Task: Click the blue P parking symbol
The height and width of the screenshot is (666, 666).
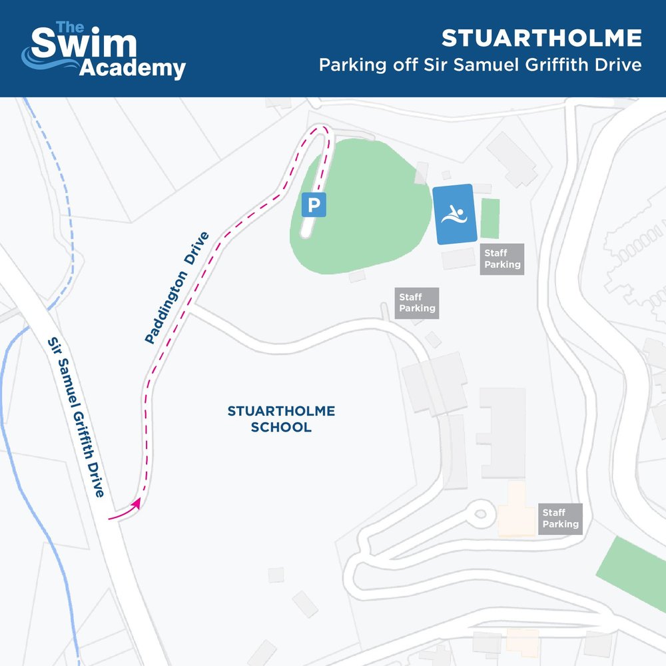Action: (x=314, y=205)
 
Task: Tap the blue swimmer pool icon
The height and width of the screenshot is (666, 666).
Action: (x=455, y=214)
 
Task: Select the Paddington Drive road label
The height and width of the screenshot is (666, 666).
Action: (x=177, y=288)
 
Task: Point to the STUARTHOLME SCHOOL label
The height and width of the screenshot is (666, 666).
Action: (x=281, y=419)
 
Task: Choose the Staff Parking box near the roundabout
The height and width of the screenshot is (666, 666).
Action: (x=560, y=518)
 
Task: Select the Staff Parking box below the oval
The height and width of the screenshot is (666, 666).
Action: (x=417, y=302)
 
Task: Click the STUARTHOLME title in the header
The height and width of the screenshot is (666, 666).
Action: (x=541, y=39)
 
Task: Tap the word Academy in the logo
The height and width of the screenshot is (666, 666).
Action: (x=133, y=69)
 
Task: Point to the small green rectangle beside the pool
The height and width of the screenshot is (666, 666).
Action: (x=490, y=218)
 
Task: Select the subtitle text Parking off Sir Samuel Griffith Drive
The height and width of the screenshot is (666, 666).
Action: (x=480, y=66)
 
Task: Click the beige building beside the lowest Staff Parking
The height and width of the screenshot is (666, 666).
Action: (x=517, y=510)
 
